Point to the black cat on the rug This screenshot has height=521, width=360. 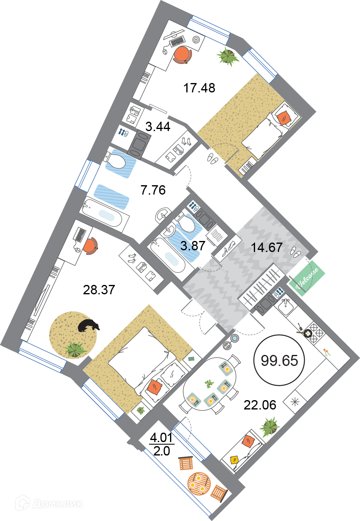(x=88, y=325)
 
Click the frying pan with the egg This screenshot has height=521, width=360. (x=308, y=333)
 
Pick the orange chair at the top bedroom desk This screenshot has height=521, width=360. (x=182, y=54)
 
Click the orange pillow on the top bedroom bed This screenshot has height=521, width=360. (x=284, y=116)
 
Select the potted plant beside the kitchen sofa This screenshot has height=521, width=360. (x=270, y=426)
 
